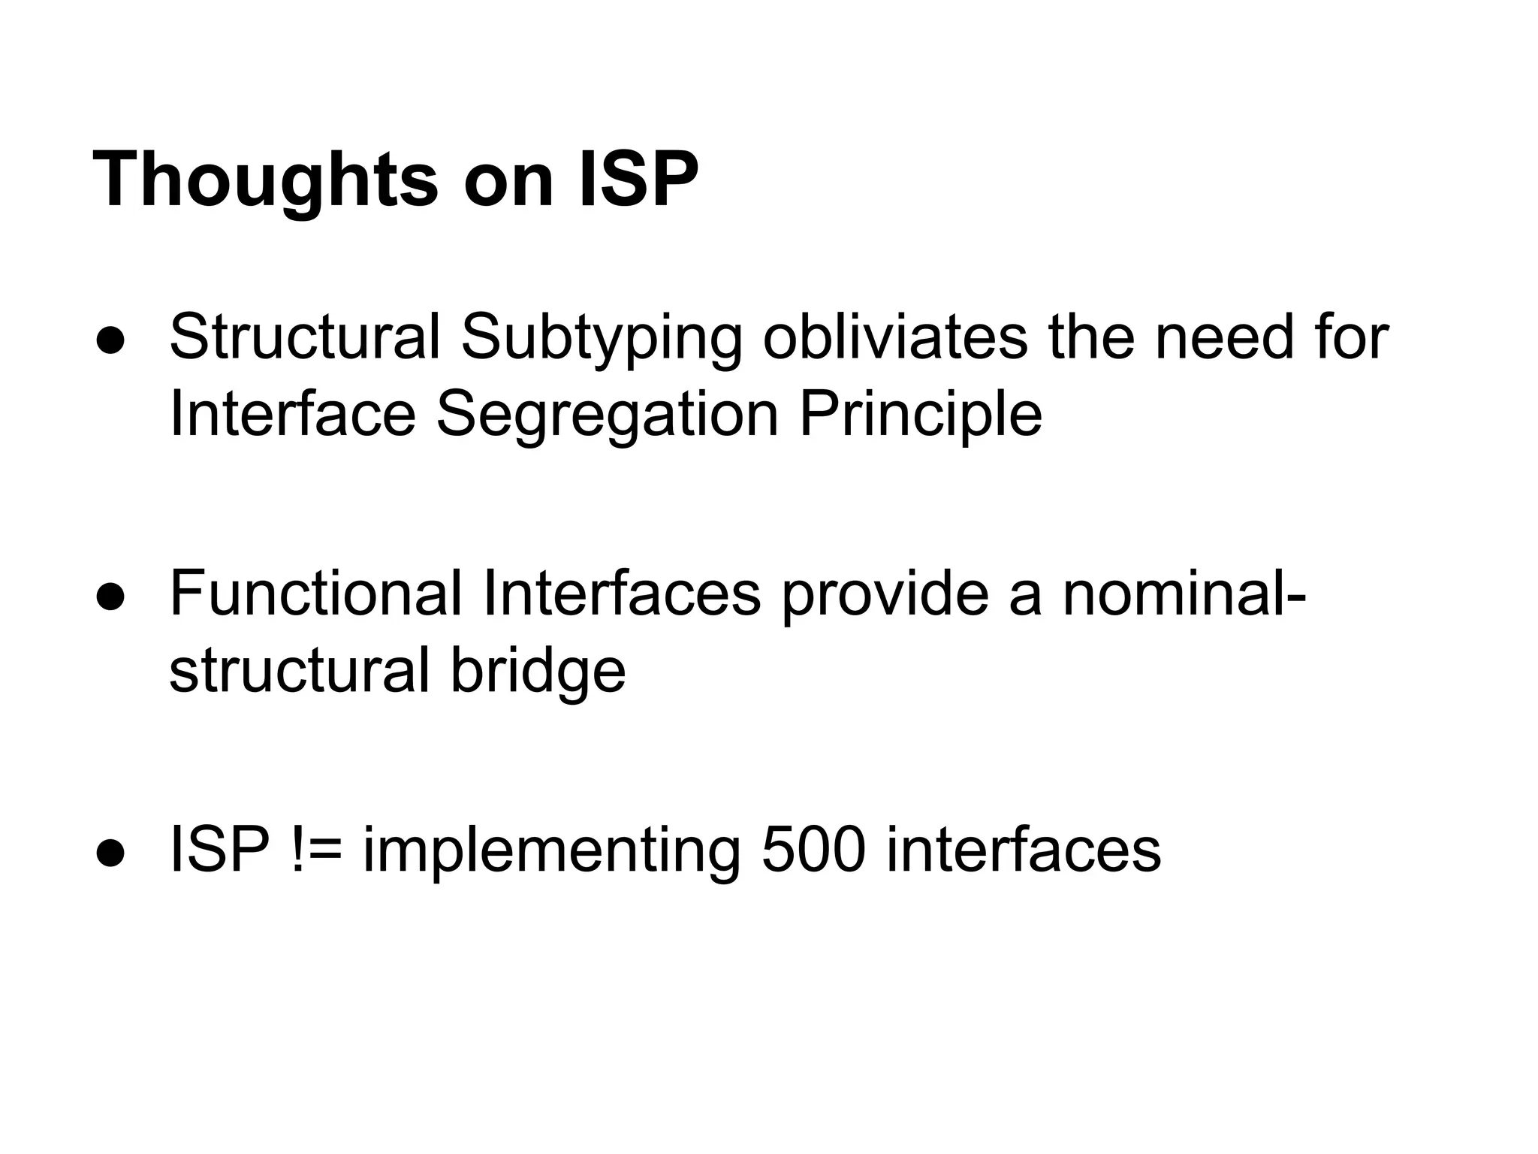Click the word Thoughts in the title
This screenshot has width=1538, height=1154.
(264, 180)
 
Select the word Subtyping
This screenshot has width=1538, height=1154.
(601, 338)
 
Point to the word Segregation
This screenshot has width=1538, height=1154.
(607, 414)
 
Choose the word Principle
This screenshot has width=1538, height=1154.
(920, 414)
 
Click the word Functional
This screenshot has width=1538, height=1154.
(315, 594)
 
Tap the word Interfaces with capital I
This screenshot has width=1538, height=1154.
(622, 594)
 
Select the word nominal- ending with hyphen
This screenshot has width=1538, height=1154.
(1184, 594)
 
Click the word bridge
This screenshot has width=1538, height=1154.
(538, 671)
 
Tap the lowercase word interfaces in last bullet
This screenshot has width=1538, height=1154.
(1023, 850)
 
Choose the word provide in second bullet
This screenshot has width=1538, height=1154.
(885, 594)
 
